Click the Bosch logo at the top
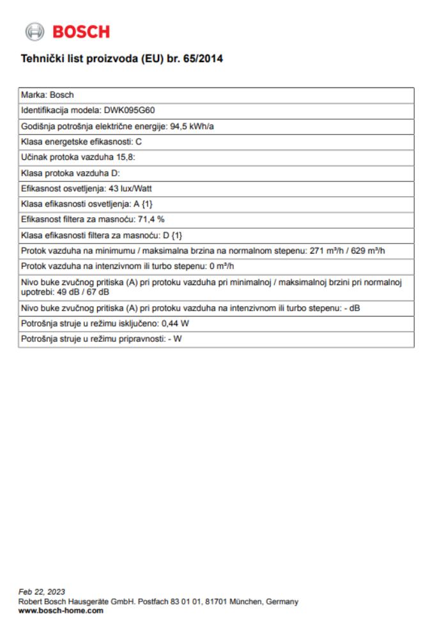[x=67, y=31]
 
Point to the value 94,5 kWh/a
[x=192, y=126]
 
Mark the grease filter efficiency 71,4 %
[x=151, y=219]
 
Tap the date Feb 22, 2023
[x=42, y=592]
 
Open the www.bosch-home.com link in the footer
[x=61, y=611]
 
